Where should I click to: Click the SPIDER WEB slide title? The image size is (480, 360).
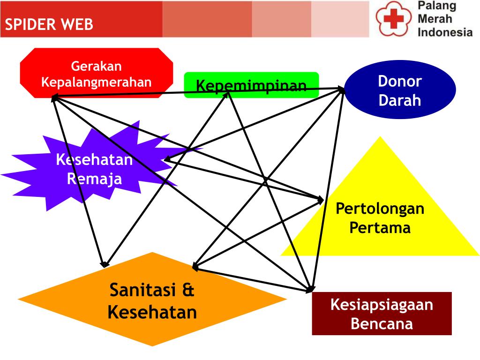click(x=49, y=24)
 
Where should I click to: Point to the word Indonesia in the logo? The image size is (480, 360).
click(x=445, y=32)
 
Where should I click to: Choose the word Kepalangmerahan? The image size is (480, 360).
click(x=96, y=82)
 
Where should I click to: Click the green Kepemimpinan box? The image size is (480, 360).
click(x=251, y=85)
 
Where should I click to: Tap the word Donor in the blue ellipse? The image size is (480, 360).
click(x=400, y=81)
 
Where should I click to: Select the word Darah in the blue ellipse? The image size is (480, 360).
click(x=400, y=100)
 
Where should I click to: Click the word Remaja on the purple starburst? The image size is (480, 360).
click(x=94, y=179)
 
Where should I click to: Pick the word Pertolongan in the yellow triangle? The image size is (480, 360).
click(x=380, y=208)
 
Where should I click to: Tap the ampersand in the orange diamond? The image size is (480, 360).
click(x=188, y=290)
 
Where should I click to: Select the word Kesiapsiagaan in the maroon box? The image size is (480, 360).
click(x=382, y=305)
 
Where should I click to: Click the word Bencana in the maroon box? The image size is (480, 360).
click(x=382, y=323)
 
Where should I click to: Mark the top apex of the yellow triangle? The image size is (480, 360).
click(x=380, y=137)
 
